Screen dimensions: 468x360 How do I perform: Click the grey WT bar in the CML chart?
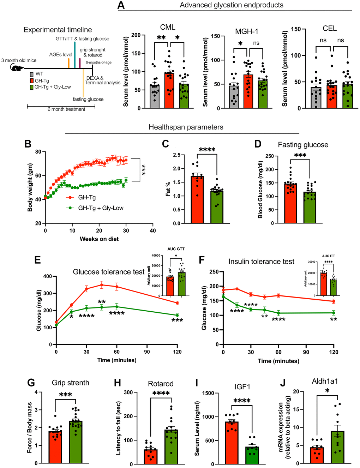coord(155,96)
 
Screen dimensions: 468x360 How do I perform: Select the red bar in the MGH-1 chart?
coord(248,92)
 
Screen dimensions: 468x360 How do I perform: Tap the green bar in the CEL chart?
coord(347,96)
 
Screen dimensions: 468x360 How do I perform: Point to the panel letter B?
coord(28,144)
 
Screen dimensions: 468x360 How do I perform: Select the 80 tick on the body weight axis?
coord(38,152)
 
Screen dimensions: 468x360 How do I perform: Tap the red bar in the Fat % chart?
coord(197,200)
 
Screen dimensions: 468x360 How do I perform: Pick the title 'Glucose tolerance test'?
coord(108,272)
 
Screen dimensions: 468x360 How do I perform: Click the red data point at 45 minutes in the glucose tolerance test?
coord(102,285)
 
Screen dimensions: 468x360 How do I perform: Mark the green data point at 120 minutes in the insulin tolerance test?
coord(333,313)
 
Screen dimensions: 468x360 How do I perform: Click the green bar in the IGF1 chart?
coord(252,455)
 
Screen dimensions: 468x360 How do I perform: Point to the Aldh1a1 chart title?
coord(325,381)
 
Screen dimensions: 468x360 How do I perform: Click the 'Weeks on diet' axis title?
coord(99,239)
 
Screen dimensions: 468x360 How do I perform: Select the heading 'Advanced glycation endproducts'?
coord(231,5)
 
